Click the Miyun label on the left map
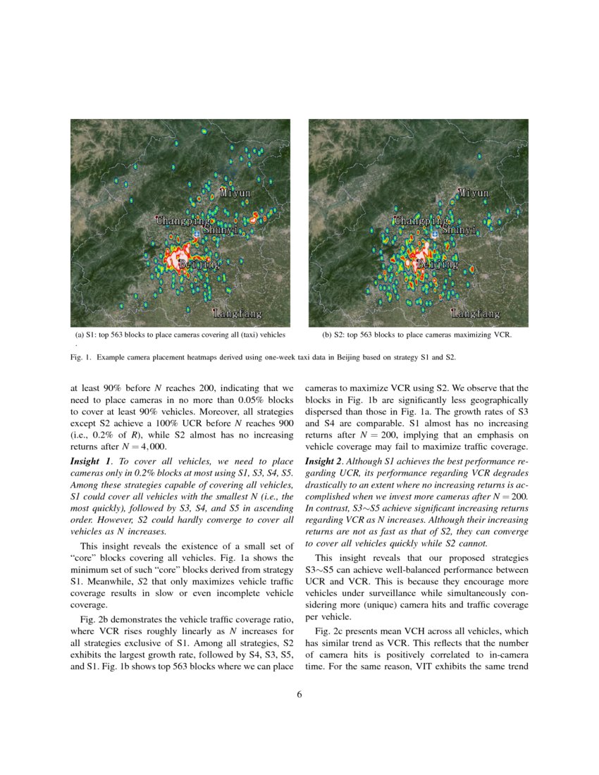(x=235, y=192)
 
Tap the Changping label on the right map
(x=421, y=221)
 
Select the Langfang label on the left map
(x=237, y=313)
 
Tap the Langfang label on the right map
(x=475, y=313)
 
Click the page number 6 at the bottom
(x=299, y=695)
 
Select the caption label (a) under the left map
(x=80, y=335)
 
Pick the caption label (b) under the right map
(x=327, y=335)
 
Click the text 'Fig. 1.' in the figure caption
(x=82, y=358)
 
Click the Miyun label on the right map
(x=474, y=192)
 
